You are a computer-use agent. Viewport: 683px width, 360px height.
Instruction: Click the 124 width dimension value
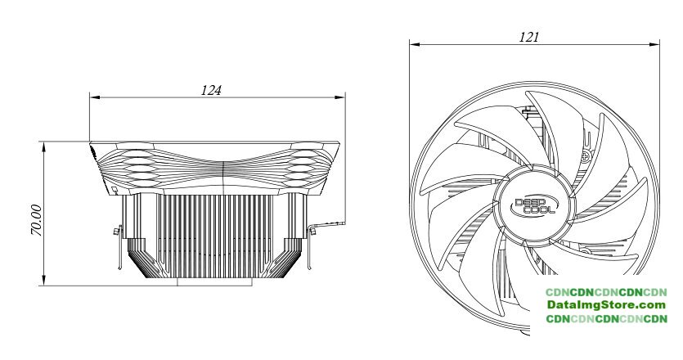(x=211, y=90)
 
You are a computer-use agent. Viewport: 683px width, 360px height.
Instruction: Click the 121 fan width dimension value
(x=528, y=37)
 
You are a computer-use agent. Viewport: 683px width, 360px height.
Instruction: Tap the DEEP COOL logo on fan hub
(x=535, y=205)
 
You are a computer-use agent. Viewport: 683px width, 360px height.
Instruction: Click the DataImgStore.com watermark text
(x=606, y=304)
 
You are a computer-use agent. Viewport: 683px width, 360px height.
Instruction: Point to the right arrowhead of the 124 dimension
(x=340, y=97)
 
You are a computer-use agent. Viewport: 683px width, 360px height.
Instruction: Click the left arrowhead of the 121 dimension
(x=414, y=44)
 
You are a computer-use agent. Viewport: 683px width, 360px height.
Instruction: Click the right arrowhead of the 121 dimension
(x=654, y=44)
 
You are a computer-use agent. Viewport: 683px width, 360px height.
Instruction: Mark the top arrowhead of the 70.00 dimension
(x=44, y=147)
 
